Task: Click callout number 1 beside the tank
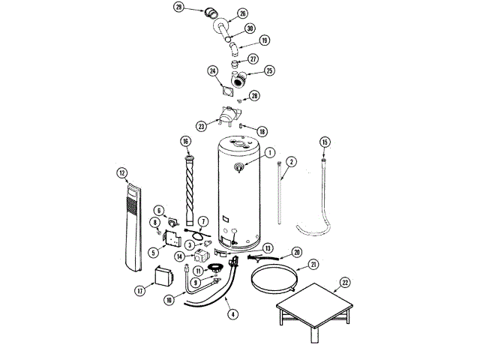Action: (x=268, y=152)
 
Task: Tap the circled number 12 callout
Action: (x=121, y=172)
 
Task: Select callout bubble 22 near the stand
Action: (x=344, y=282)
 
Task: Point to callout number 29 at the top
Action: (x=178, y=7)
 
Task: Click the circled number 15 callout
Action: (x=325, y=142)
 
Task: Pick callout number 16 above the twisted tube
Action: (x=185, y=141)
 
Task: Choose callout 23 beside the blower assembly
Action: (x=201, y=127)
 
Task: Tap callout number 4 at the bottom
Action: (x=234, y=314)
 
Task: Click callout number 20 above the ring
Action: (x=296, y=252)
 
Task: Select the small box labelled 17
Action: (x=163, y=278)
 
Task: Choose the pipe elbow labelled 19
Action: (x=235, y=49)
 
